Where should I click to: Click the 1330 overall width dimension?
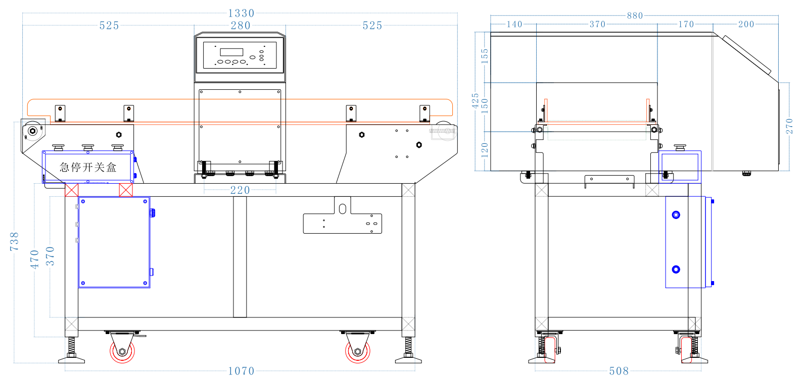[241, 13]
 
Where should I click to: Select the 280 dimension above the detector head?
[241, 25]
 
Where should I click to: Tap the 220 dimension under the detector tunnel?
[240, 190]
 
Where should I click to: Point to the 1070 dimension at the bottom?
[241, 371]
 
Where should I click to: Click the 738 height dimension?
[14, 241]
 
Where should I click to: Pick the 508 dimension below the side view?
[619, 371]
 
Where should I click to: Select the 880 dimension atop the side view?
[635, 16]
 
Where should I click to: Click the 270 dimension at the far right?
[789, 126]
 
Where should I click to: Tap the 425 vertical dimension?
[475, 101]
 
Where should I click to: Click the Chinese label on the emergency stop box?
[88, 167]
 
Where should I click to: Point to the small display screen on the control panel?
[231, 52]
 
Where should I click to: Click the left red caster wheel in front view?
[122, 351]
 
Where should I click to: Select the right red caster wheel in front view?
[358, 351]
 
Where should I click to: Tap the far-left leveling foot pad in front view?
[71, 360]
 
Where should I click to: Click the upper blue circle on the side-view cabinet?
[676, 215]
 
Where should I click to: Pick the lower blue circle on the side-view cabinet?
[676, 269]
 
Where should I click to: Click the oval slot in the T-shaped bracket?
[342, 208]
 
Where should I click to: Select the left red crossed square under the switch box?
[72, 190]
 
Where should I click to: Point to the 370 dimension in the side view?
[597, 24]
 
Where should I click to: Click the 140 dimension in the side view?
[514, 24]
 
